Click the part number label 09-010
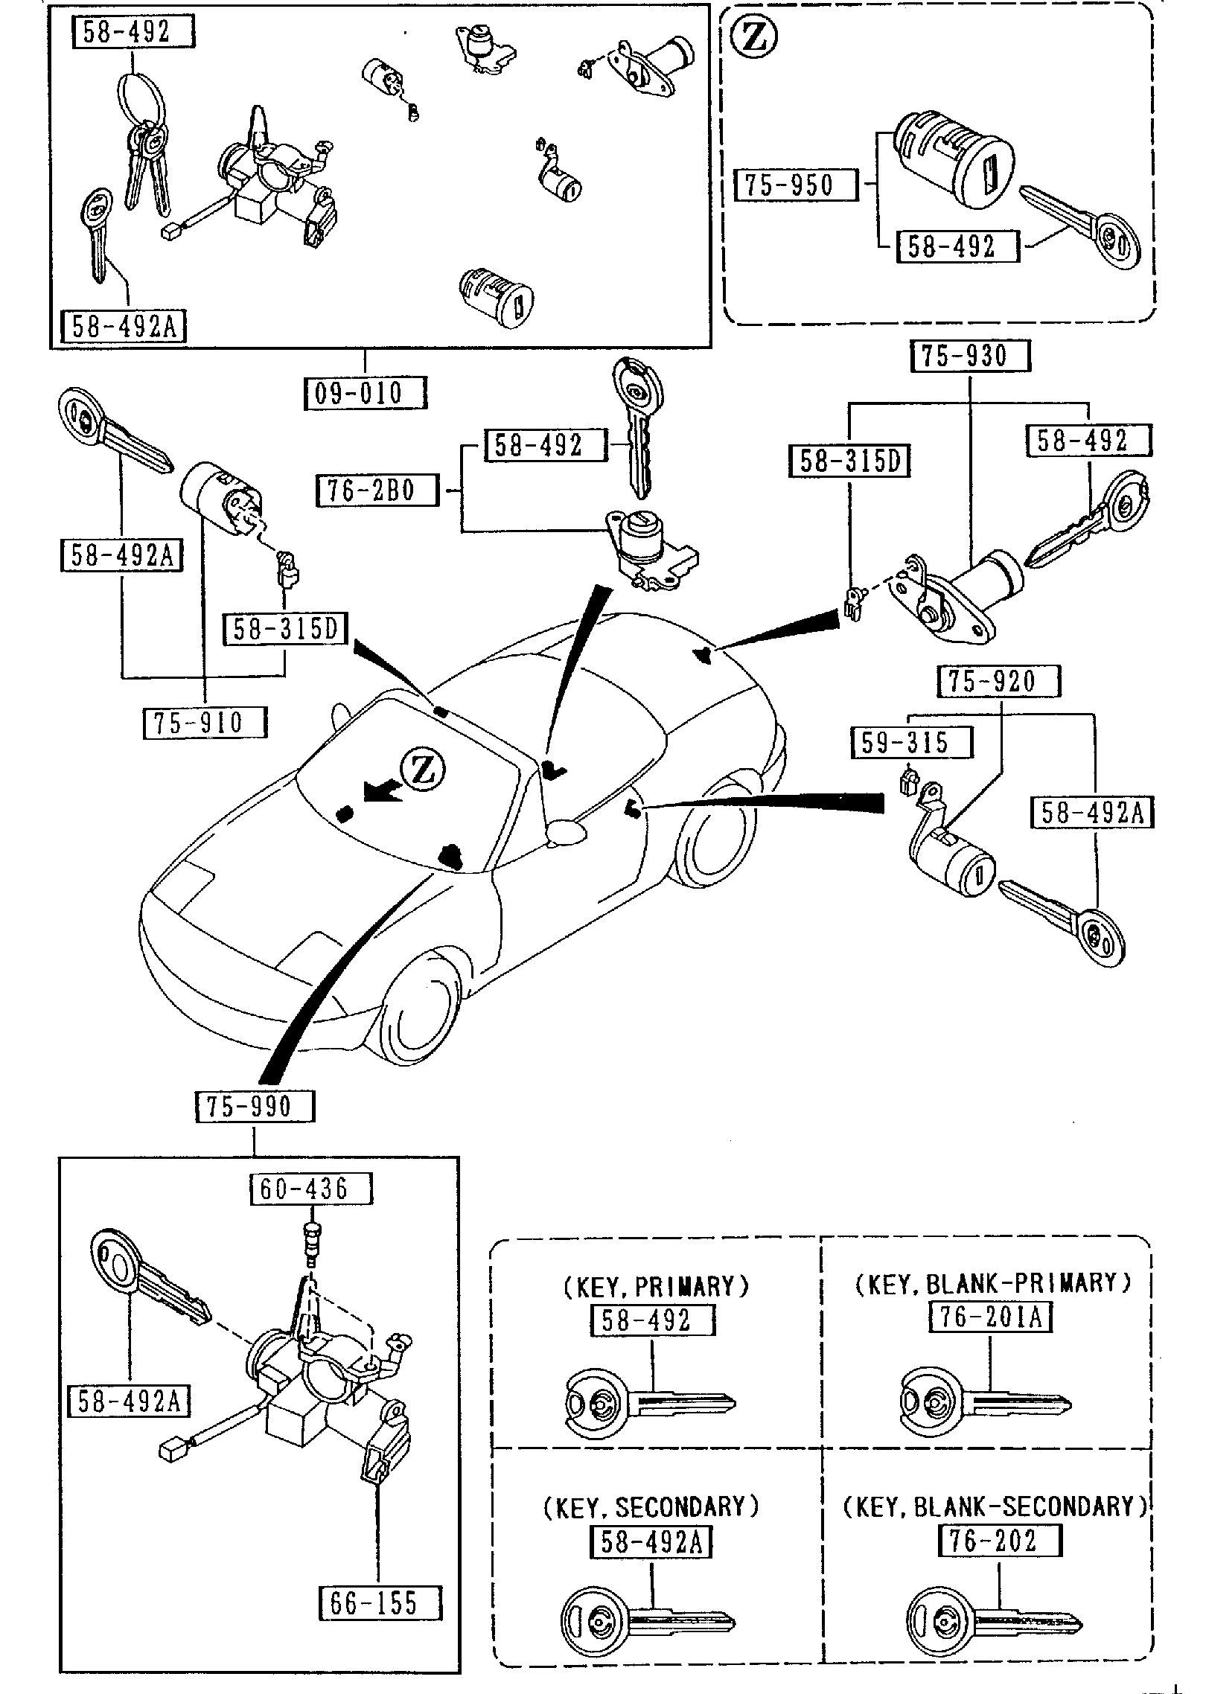click(x=366, y=393)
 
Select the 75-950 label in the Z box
click(x=794, y=185)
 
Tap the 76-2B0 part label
click(x=377, y=491)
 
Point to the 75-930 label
click(x=970, y=357)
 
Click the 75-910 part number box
click(x=204, y=723)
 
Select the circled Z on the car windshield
click(x=422, y=770)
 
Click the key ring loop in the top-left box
click(x=139, y=97)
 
